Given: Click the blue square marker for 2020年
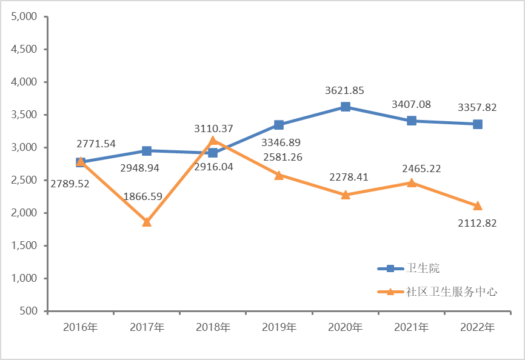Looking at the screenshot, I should (346, 107).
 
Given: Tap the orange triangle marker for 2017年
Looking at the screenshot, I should (147, 222).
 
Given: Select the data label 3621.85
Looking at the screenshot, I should (344, 90).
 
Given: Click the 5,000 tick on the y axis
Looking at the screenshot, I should (25, 16).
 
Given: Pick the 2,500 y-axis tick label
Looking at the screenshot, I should (25, 180).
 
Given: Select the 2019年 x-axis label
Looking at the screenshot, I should (279, 327).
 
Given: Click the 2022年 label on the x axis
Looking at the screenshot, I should (478, 327).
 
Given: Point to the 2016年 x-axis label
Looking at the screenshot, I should (81, 327).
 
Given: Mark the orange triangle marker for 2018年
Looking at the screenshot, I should (213, 141).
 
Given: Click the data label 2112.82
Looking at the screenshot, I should (477, 223).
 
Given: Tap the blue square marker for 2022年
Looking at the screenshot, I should (478, 124).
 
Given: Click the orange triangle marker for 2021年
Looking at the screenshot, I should (412, 182).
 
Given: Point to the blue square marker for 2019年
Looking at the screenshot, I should (279, 125).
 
